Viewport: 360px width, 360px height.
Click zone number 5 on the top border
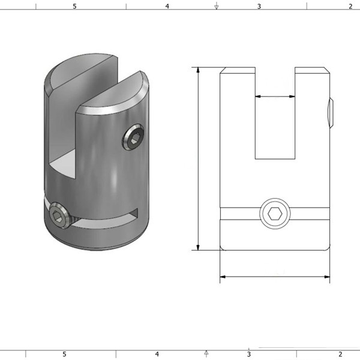tap(74, 6)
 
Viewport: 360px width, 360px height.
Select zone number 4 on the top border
tap(167, 6)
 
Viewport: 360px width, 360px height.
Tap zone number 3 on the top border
tap(259, 6)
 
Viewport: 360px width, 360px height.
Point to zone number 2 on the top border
tap(350, 6)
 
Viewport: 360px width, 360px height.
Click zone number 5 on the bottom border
tap(64, 354)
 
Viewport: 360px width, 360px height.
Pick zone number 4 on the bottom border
tap(157, 354)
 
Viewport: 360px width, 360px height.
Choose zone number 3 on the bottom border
tap(248, 354)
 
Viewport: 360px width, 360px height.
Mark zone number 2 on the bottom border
tap(340, 354)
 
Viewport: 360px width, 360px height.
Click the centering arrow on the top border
tap(216, 6)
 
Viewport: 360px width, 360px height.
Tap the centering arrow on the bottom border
tap(206, 353)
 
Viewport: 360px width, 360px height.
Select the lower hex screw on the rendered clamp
tap(58, 217)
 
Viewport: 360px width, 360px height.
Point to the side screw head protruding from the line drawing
tap(331, 113)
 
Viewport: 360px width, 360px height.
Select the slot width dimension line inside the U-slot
tap(275, 95)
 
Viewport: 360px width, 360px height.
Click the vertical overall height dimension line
tap(198, 159)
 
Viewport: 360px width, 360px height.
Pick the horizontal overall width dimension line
tap(275, 277)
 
